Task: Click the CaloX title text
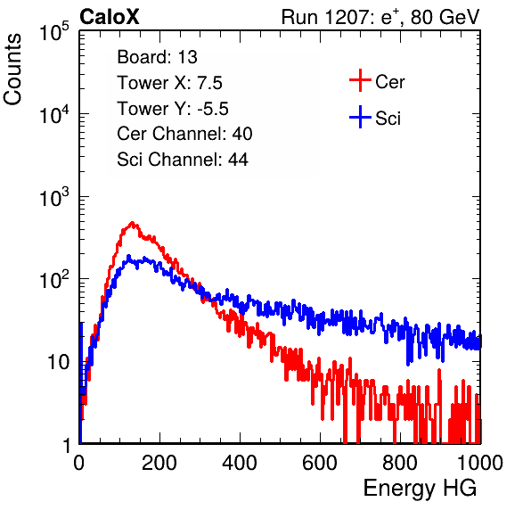109,17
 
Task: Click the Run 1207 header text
380,17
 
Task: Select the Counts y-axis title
12,70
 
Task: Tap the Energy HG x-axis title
420,489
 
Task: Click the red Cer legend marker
360,80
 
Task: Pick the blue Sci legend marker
360,117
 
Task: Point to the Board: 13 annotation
157,57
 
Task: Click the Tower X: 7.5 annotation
169,83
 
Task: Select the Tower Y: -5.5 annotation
173,109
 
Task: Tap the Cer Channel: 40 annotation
184,134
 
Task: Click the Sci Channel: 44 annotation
183,160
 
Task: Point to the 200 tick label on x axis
159,463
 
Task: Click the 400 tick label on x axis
240,463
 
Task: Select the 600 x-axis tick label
320,463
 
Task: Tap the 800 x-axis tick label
400,463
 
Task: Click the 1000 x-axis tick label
480,463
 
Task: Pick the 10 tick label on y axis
59,362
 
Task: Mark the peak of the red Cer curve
133,223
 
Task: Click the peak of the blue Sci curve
128,256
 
